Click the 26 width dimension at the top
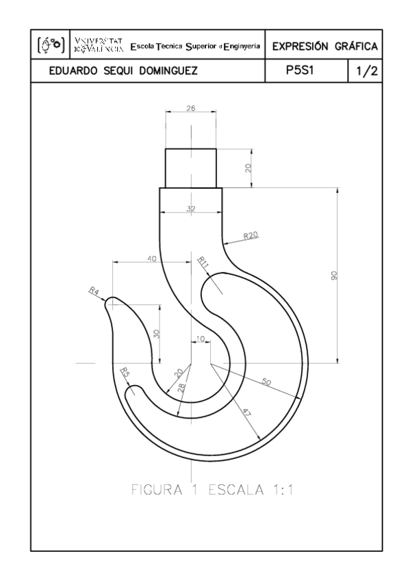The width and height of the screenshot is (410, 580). pyautogui.click(x=190, y=108)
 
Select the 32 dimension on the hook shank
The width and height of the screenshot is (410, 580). pyautogui.click(x=190, y=209)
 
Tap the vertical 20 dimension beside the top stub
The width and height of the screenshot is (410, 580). pyautogui.click(x=248, y=167)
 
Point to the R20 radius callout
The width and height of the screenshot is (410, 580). pyautogui.click(x=251, y=235)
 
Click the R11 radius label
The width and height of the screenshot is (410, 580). pyautogui.click(x=203, y=261)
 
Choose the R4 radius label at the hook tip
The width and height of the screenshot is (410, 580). pyautogui.click(x=94, y=291)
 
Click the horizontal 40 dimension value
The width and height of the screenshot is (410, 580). pyautogui.click(x=152, y=258)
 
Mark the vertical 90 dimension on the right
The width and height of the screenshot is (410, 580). pyautogui.click(x=334, y=275)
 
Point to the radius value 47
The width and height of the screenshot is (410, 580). pyautogui.click(x=244, y=412)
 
